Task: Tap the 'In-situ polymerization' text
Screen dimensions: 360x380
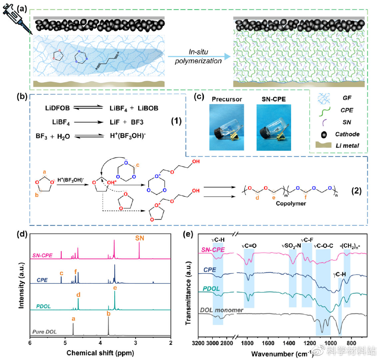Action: (x=198, y=57)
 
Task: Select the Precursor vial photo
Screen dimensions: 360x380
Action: (x=226, y=127)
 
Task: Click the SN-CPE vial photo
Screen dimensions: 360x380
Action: (x=273, y=127)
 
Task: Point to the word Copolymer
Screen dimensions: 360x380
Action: (x=291, y=203)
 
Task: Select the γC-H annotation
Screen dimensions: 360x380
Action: (x=339, y=274)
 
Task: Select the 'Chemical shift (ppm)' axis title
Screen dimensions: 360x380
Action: (x=100, y=352)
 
